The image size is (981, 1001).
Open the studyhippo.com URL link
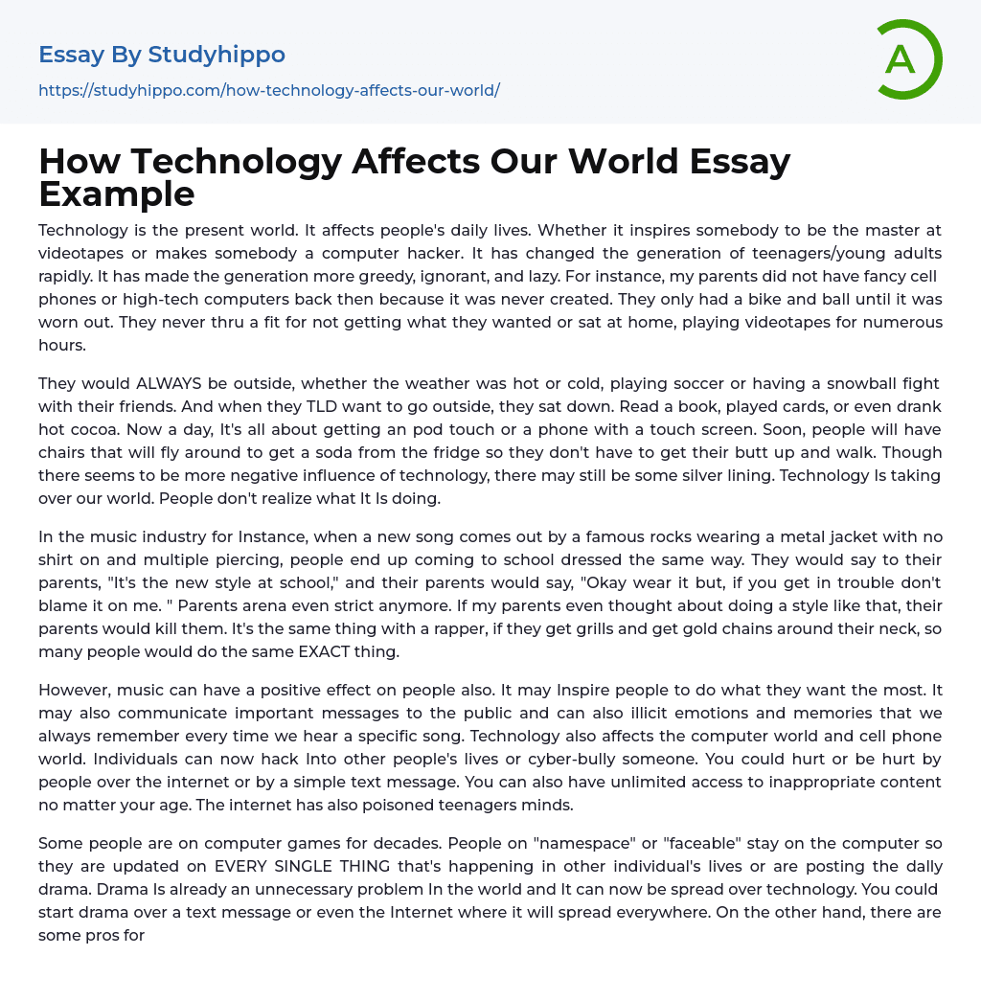[x=269, y=90]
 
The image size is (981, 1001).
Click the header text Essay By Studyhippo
[x=162, y=55]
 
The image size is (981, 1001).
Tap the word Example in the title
[x=117, y=193]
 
